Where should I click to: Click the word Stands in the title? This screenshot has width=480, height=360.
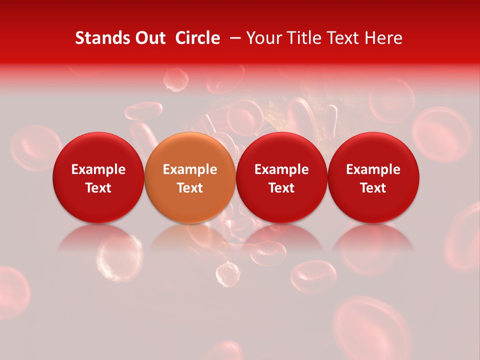click(x=100, y=38)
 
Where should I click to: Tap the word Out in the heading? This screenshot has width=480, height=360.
click(x=148, y=38)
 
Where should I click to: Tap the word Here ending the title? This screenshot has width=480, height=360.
click(x=383, y=38)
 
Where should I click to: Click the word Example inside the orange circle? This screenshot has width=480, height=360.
click(x=190, y=169)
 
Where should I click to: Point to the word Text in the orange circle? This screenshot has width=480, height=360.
click(x=190, y=188)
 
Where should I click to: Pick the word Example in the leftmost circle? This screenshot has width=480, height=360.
click(x=98, y=169)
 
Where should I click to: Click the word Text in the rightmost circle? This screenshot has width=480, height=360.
click(x=373, y=188)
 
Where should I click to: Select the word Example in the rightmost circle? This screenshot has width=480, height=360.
click(x=373, y=169)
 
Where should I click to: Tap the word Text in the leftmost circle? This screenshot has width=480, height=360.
click(x=98, y=188)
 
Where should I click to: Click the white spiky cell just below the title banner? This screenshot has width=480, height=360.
click(x=176, y=80)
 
